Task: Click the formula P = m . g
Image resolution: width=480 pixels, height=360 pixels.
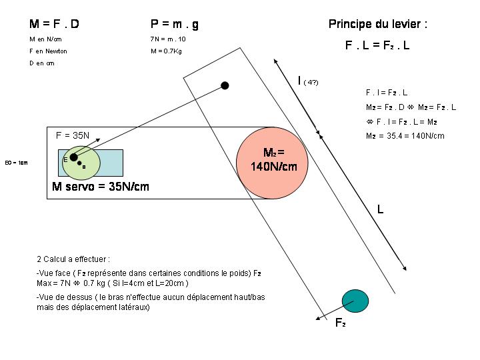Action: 174,24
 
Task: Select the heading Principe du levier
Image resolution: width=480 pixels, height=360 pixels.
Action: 377,24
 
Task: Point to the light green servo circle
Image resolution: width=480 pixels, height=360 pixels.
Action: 81,162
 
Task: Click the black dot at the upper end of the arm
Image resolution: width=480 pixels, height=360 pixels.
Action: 225,85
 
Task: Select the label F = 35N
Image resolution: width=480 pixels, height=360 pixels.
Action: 72,135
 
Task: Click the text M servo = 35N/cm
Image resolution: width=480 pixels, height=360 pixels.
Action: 101,187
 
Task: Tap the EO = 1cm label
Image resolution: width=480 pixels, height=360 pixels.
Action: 16,163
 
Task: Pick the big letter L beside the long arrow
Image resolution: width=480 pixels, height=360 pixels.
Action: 380,209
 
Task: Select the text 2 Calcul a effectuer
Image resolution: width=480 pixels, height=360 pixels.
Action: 73,259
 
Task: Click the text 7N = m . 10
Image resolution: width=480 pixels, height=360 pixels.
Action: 168,39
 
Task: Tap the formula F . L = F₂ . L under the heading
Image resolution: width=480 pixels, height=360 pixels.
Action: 377,46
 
